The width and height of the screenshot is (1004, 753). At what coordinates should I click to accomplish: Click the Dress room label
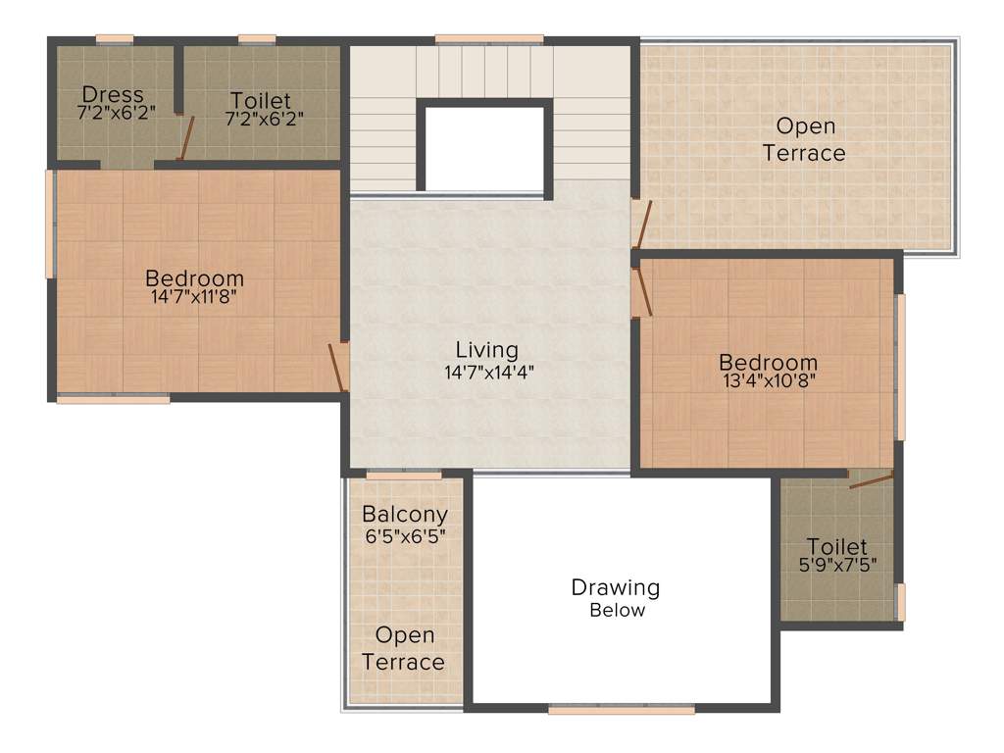point(112,95)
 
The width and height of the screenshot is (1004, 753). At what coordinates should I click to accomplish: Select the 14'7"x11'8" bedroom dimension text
point(194,296)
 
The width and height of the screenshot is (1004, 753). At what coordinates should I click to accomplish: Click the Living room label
point(486,350)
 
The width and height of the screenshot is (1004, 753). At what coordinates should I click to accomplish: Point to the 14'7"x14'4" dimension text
point(487,373)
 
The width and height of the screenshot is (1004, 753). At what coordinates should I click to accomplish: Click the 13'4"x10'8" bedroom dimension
point(768,382)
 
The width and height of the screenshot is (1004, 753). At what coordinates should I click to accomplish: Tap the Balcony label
point(405,514)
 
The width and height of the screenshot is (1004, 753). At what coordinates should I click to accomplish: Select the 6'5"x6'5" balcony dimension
point(405,536)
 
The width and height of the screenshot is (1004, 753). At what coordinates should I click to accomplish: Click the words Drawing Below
point(616,598)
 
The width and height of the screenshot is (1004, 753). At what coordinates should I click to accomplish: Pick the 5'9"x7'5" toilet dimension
point(837,566)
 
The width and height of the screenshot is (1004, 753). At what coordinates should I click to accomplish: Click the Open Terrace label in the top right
point(805,139)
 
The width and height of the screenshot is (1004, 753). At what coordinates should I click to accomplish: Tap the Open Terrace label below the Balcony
point(403,649)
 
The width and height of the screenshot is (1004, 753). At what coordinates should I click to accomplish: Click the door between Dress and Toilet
point(184,137)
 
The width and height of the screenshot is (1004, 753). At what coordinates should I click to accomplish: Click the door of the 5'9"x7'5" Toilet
point(870,480)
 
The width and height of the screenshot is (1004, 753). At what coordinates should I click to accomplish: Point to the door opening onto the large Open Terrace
point(640,224)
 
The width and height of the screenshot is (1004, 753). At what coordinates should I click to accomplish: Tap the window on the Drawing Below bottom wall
point(621,709)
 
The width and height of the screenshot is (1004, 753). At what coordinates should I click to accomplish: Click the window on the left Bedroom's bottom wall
point(113,399)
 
